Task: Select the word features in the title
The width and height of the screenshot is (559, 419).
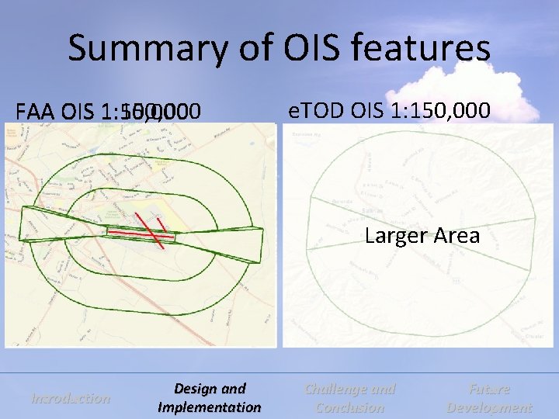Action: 426,49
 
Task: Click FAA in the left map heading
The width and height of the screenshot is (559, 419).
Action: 36,113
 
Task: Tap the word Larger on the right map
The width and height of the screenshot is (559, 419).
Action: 394,235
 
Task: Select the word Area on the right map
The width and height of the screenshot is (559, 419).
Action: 453,235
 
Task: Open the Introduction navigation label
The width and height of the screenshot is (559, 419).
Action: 70,398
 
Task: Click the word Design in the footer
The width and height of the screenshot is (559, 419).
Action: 210,389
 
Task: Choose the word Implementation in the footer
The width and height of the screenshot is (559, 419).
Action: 210,407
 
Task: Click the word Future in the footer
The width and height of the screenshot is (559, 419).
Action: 489,389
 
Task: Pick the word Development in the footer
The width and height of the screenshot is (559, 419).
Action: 489,407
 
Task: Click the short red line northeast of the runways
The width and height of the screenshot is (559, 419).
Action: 165,224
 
